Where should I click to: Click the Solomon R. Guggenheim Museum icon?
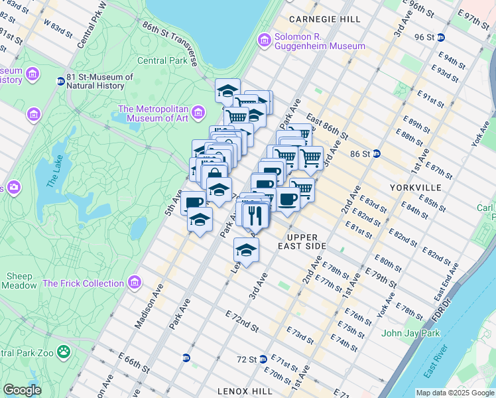(265, 40)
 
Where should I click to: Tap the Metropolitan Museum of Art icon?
(198, 115)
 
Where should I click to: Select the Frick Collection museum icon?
(135, 283)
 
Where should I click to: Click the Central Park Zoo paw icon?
(64, 351)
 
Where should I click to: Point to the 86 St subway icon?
(376, 153)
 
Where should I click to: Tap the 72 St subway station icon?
(263, 359)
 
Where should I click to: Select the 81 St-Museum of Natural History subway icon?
(60, 82)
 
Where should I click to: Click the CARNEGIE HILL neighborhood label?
(324, 19)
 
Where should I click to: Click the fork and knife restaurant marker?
(255, 215)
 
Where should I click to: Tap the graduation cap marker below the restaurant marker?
(246, 251)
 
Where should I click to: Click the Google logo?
(23, 390)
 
